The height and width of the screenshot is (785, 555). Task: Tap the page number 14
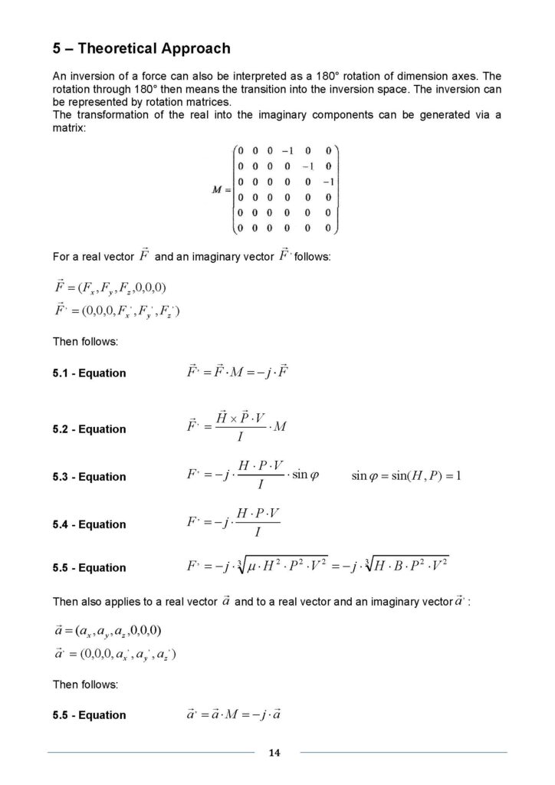[275, 753]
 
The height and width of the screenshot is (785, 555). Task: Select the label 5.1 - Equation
[89, 373]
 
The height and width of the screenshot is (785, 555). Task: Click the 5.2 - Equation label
[89, 429]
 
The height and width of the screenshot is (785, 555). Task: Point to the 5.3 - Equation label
[89, 477]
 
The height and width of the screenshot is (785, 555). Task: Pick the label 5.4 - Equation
[89, 524]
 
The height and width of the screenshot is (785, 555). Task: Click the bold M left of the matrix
[217, 189]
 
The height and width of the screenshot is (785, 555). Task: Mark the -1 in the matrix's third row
[327, 182]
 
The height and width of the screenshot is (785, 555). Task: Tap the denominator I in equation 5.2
[240, 439]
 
